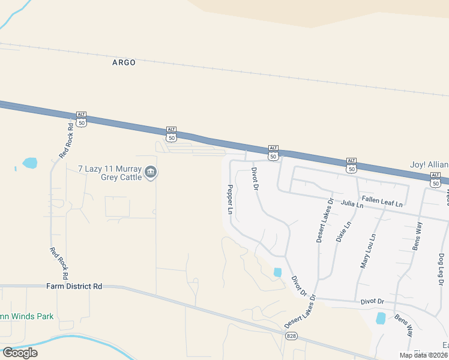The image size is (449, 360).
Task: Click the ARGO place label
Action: click(124, 62)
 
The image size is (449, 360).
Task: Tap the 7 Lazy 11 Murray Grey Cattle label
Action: click(110, 173)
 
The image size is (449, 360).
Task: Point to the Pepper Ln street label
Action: click(229, 199)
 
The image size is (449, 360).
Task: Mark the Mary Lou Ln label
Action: click(367, 250)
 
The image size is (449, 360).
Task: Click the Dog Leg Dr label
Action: click(441, 267)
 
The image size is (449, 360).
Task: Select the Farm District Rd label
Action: click(74, 286)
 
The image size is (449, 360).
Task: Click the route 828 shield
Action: click(291, 335)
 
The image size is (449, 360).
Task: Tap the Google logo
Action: click(20, 353)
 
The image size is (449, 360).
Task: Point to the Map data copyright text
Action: click(423, 355)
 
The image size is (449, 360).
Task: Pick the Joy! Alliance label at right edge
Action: click(429, 165)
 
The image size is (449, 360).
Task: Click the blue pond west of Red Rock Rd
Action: click(29, 163)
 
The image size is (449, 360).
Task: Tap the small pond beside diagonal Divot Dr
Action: click(277, 272)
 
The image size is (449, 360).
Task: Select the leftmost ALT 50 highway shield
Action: click(82, 119)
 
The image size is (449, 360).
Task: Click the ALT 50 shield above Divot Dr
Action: click(273, 152)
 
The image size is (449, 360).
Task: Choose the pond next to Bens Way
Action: click(381, 318)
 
